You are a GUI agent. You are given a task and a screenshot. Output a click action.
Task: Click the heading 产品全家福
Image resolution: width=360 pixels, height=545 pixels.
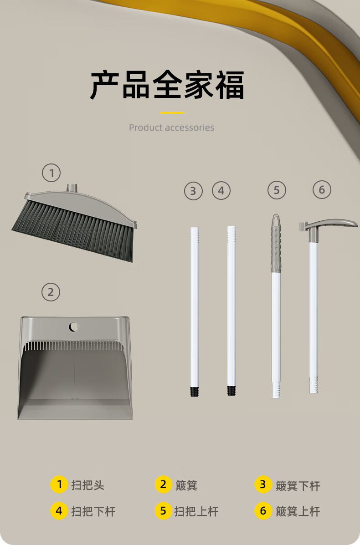(x=167, y=85)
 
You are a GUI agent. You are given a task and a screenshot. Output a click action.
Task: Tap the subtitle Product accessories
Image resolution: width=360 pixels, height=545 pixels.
(x=171, y=127)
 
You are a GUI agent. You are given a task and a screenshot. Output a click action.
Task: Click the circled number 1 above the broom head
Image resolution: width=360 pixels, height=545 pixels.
(x=51, y=173)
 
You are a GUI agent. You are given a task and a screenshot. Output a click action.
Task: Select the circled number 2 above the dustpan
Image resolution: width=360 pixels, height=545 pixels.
(x=51, y=292)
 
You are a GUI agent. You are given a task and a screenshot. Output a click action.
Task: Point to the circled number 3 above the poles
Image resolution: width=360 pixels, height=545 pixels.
(x=193, y=191)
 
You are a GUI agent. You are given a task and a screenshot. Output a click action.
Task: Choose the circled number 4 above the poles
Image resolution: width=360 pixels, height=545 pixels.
(x=221, y=190)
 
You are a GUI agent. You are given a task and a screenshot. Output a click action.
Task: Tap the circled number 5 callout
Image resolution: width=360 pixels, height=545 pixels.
(x=277, y=190)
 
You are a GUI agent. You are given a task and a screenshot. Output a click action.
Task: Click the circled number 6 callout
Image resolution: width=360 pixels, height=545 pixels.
(x=322, y=190)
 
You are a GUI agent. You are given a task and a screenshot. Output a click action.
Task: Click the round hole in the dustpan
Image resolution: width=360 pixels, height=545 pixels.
(x=73, y=327)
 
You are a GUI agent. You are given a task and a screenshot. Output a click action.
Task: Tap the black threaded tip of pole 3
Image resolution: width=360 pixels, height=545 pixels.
(x=195, y=392)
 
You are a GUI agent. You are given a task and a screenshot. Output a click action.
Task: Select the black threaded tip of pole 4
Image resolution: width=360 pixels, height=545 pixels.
(x=231, y=391)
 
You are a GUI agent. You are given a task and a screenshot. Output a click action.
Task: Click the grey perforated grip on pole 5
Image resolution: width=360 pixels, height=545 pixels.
(x=276, y=243)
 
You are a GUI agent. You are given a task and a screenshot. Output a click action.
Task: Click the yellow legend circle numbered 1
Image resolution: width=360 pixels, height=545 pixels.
(x=59, y=484)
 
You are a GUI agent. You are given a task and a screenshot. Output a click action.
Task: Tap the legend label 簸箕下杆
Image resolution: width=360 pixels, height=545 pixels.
(x=298, y=485)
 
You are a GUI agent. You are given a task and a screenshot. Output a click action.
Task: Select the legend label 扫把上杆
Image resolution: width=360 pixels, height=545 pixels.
(x=196, y=511)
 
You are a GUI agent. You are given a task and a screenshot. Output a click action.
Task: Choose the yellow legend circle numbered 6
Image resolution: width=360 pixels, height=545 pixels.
(x=263, y=510)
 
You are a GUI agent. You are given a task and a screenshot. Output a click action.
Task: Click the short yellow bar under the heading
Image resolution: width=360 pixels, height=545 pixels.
(x=172, y=112)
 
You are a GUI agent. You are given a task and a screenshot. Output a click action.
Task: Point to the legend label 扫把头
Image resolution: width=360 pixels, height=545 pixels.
(x=87, y=485)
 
